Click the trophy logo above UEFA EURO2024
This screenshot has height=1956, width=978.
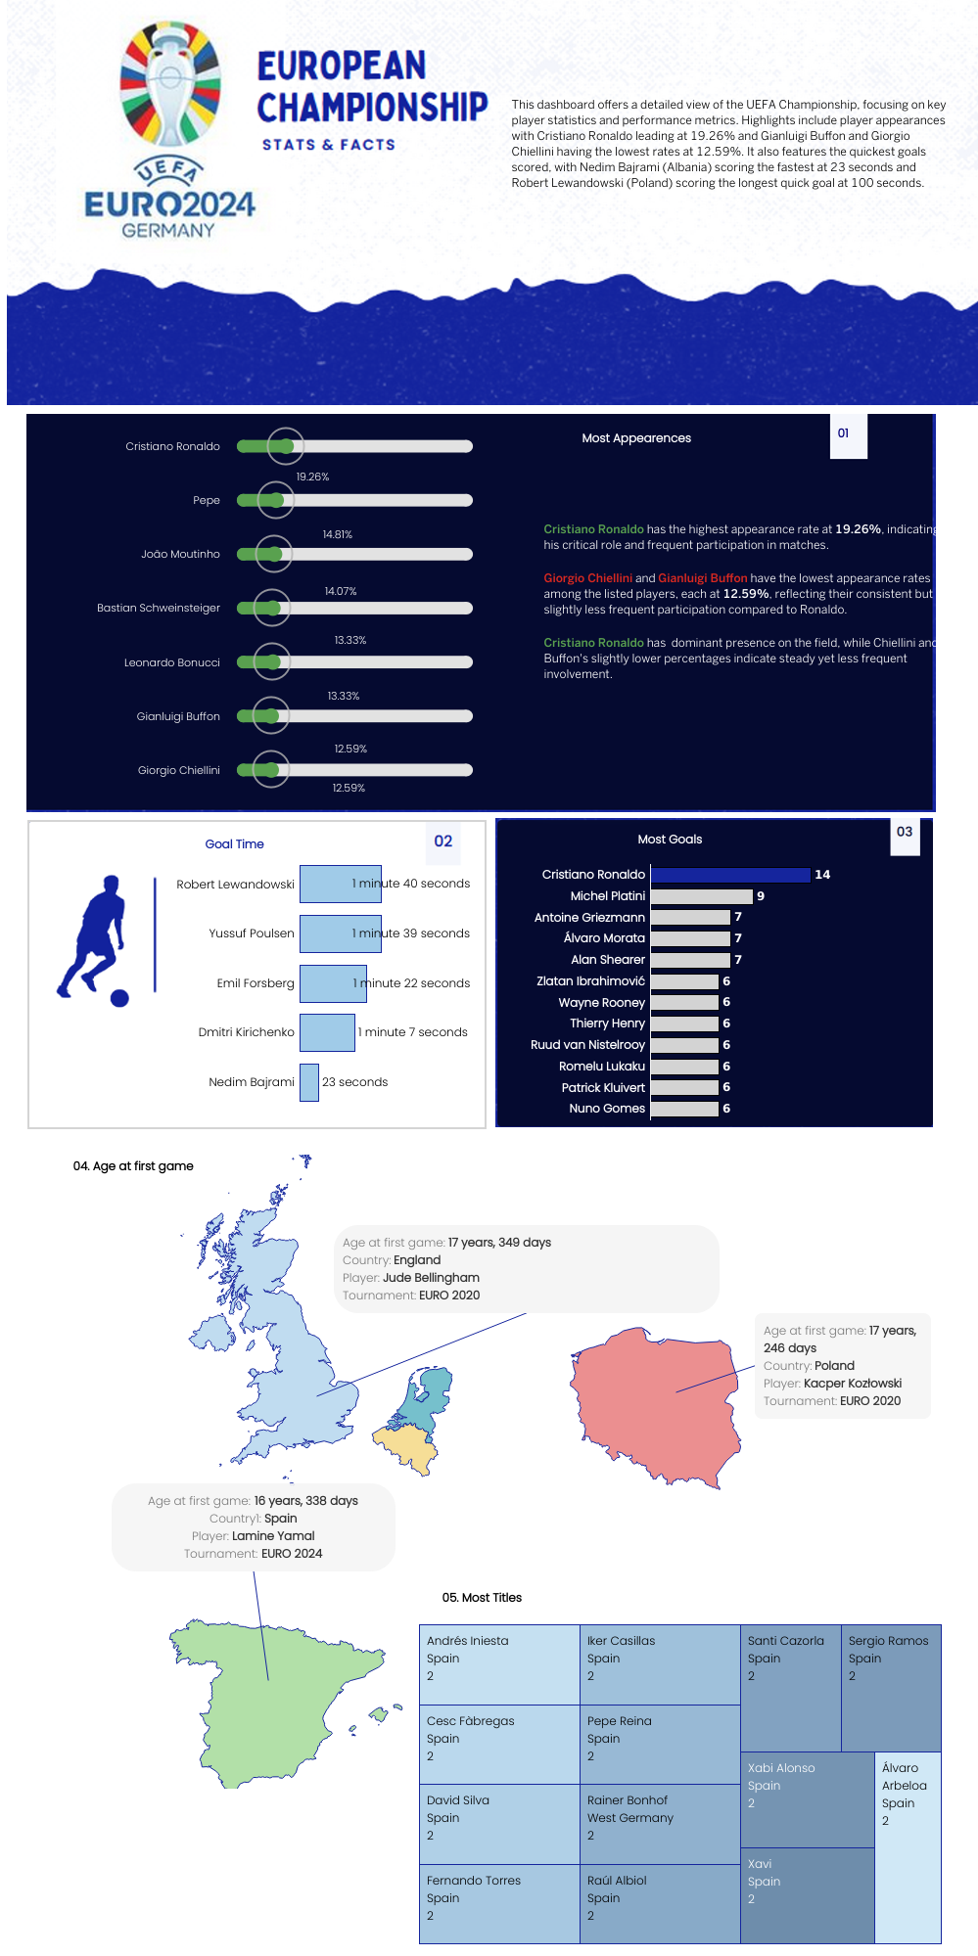(x=170, y=85)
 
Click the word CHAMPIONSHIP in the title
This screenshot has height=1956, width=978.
(x=372, y=108)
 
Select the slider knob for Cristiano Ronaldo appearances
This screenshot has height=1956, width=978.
(x=286, y=446)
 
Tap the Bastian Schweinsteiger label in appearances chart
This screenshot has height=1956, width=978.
(x=159, y=608)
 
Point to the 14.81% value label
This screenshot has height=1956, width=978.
(x=337, y=534)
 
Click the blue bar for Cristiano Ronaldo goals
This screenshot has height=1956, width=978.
(x=729, y=875)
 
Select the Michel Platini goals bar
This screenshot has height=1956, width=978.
(x=701, y=896)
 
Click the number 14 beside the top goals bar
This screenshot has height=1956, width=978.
(x=822, y=875)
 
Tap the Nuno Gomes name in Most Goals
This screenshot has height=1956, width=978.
(x=607, y=1109)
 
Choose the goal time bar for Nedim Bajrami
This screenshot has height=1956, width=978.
(x=309, y=1082)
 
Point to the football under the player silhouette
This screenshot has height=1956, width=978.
(x=119, y=998)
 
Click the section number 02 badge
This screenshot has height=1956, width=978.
(x=443, y=842)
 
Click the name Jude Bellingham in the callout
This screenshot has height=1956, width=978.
(x=431, y=1278)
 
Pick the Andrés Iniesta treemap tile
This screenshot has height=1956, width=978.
(x=499, y=1664)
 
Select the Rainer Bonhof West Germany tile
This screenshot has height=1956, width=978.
(x=660, y=1824)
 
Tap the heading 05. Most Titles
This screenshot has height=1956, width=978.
(x=482, y=1598)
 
